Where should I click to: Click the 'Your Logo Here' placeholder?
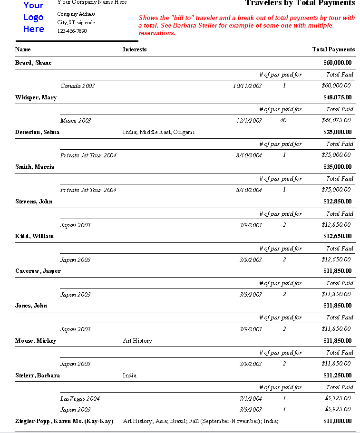[x=33, y=17]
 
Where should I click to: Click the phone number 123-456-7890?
[x=72, y=31]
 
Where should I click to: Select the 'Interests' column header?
[x=135, y=49]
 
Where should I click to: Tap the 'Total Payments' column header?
[x=333, y=49]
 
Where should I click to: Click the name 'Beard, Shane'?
[x=33, y=63]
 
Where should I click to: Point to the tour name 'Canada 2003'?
[x=78, y=86]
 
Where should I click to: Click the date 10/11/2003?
[x=247, y=86]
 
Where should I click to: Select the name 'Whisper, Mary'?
[x=36, y=97]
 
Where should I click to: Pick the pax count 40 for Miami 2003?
[x=283, y=120]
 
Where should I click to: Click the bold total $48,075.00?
[x=337, y=97]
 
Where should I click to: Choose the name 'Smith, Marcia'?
[x=35, y=167]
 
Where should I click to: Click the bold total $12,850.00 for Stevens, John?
[x=337, y=202]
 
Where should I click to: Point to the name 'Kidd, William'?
[x=34, y=236]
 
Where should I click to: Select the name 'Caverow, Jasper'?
[x=38, y=271]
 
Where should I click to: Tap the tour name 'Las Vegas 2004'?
[x=80, y=398]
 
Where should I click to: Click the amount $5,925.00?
[x=338, y=409]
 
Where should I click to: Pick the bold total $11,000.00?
[x=337, y=421]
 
